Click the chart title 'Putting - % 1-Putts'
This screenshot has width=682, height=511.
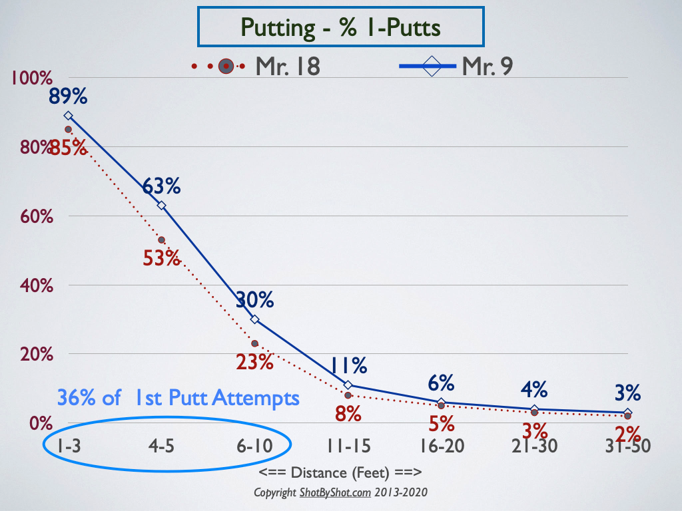tap(340, 27)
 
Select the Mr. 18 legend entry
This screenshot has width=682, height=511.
tap(256, 67)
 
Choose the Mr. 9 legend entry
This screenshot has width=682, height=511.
tap(456, 66)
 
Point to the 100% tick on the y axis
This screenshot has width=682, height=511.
tap(32, 79)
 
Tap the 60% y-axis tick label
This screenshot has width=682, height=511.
tap(37, 216)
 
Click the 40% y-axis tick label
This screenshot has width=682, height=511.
tap(37, 286)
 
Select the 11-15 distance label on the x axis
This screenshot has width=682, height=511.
tap(348, 446)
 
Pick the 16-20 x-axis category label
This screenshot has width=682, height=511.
tap(442, 446)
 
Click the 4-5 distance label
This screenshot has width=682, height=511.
tap(161, 446)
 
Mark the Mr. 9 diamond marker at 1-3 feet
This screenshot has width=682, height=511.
tap(69, 116)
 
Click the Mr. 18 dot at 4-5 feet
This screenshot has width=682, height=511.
tap(161, 240)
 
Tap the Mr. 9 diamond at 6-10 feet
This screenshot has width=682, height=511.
tap(255, 319)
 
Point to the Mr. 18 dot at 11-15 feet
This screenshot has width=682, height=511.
tap(348, 395)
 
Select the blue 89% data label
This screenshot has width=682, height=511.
tap(68, 96)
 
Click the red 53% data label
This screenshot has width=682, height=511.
tap(161, 258)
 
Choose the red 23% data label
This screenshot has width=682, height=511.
tap(255, 362)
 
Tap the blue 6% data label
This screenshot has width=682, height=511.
tap(441, 383)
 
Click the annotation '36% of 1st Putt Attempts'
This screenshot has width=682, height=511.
tap(178, 398)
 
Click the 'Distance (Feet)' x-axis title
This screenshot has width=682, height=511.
tap(340, 473)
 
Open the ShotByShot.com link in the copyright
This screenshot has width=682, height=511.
tap(336, 493)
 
